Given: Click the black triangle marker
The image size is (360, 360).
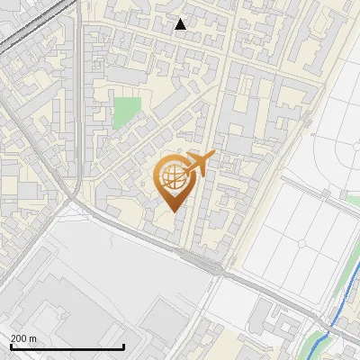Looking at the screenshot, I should tap(181, 24).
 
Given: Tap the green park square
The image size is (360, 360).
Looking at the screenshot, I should tap(127, 113).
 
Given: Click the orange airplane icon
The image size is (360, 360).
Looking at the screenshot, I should tap(198, 164).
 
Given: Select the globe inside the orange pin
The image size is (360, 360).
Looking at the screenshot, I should tap(174, 179).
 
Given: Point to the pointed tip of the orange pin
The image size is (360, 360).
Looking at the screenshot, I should tap(174, 211).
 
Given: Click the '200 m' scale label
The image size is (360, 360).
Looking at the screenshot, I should tap(23, 338).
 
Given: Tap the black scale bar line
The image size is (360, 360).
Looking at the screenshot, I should tap(67, 346).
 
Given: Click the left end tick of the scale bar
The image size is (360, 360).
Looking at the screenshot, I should tap(12, 345).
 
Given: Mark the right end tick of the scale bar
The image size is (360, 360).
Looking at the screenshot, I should tap(123, 345).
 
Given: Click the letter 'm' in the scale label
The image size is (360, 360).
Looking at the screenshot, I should tap(32, 338).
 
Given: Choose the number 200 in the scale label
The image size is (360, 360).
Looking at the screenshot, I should tap(19, 338).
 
